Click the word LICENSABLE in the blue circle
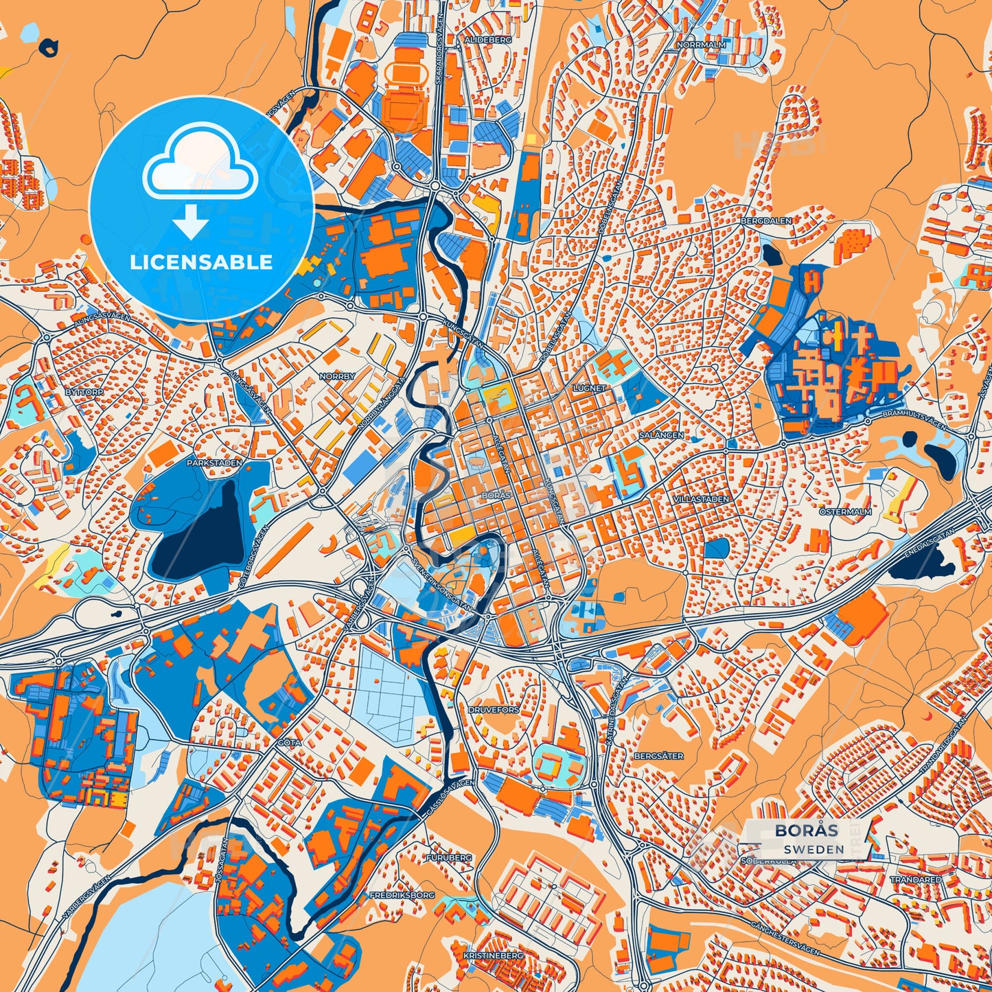point(201,262)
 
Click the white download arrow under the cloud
point(192,221)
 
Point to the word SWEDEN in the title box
point(816,849)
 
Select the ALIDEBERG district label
point(488,41)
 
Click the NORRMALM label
point(701,45)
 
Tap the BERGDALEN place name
point(766,221)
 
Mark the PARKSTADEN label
point(214,463)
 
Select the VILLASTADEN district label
point(701,499)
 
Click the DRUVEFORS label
point(494,710)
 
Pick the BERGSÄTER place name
point(659,756)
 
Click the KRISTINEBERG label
point(493,955)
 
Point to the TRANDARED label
point(916,879)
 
